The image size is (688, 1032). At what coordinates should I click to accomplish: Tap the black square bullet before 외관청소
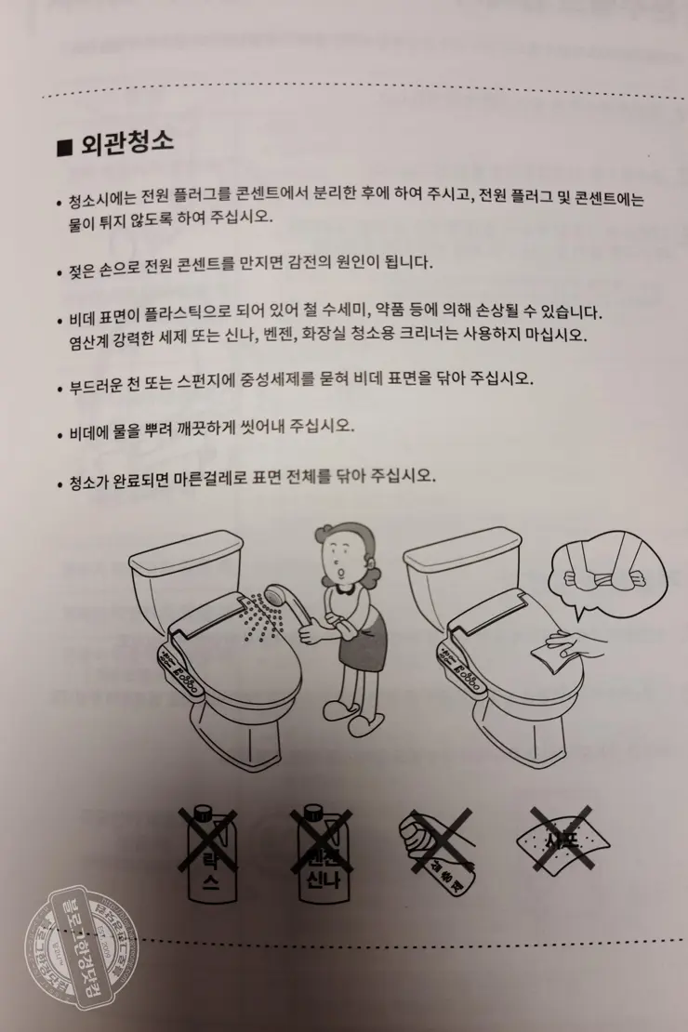pos(64,147)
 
